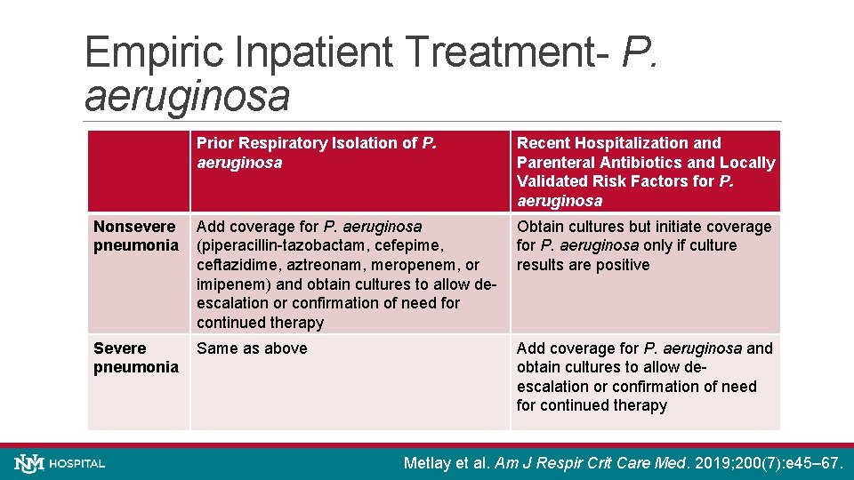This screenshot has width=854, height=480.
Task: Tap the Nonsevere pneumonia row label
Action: point(135,236)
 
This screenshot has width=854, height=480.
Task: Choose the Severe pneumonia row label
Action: point(135,357)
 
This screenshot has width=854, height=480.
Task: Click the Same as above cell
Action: point(252,348)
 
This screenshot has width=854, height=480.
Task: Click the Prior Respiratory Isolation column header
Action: point(316,153)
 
